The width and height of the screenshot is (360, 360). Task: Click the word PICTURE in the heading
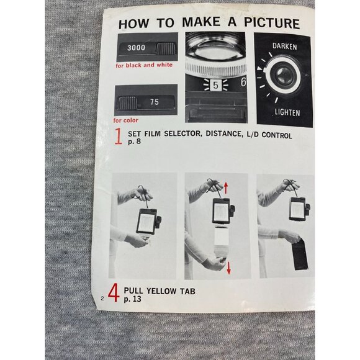272,23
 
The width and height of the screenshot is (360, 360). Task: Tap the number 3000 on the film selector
136,48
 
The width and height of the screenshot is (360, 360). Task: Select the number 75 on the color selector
155,102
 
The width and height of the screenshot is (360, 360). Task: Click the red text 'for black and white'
144,65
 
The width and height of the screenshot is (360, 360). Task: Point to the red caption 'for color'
126,120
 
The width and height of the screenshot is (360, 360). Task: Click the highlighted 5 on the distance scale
215,85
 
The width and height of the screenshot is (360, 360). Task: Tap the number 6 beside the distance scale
243,82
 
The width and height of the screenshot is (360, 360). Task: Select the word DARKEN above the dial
285,46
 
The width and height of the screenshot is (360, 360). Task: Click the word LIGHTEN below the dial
287,112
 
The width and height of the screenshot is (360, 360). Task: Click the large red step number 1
119,136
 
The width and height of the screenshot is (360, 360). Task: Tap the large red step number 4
114,293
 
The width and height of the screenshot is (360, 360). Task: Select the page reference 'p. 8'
134,141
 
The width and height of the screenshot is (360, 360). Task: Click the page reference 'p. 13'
132,299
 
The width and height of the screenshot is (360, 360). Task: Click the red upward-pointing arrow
226,187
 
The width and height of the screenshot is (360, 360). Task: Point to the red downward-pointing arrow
228,268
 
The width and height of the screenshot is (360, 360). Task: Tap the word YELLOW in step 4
161,291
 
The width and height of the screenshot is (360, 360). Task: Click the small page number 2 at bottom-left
102,299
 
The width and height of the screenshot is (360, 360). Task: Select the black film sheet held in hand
300,254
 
